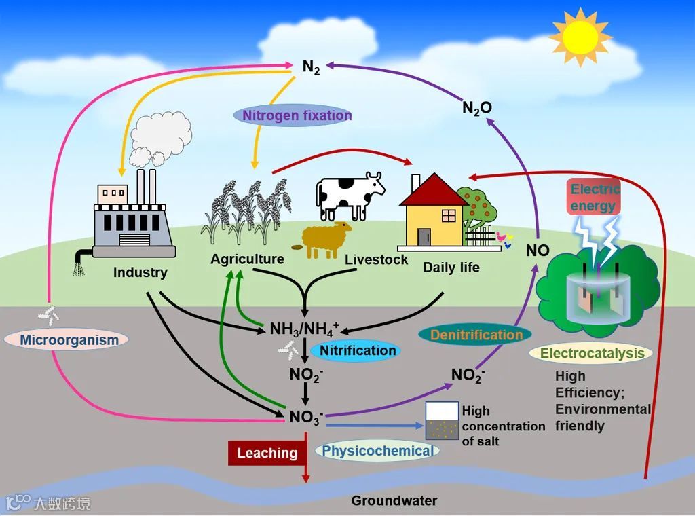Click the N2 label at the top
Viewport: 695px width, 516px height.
[x=311, y=67]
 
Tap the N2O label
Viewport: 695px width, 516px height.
[x=476, y=107]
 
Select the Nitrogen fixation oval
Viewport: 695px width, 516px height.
[x=293, y=115]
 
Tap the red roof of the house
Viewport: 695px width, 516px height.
[x=432, y=190]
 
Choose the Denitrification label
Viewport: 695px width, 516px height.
[x=476, y=335]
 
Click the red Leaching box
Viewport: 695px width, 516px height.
[x=267, y=453]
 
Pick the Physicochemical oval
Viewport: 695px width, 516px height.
[x=377, y=451]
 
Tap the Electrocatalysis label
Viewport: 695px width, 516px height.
[x=592, y=353]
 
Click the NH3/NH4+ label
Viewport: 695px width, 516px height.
[x=303, y=329]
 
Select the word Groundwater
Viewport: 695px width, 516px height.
[x=394, y=501]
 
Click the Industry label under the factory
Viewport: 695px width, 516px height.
[x=140, y=272]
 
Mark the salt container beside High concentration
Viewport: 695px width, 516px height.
[x=441, y=420]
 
